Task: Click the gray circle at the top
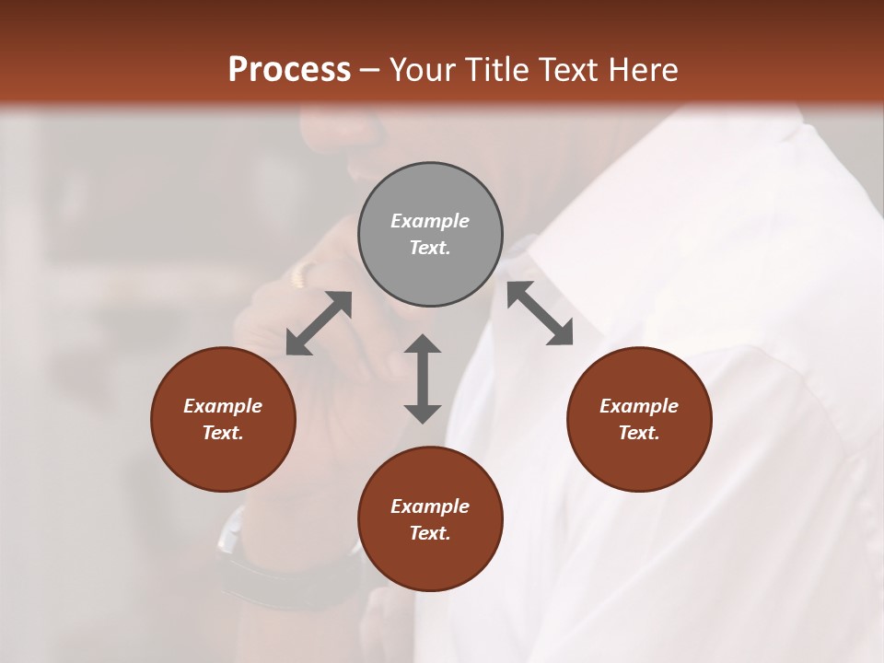430,235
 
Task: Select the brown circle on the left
223,419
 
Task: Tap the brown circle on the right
639,419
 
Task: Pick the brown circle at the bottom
430,519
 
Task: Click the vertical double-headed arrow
423,378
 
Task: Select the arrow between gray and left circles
319,323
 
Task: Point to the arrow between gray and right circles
540,313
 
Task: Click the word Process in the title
289,70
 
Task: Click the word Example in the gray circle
430,221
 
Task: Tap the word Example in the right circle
639,406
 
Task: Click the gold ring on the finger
303,273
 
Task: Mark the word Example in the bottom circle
430,506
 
